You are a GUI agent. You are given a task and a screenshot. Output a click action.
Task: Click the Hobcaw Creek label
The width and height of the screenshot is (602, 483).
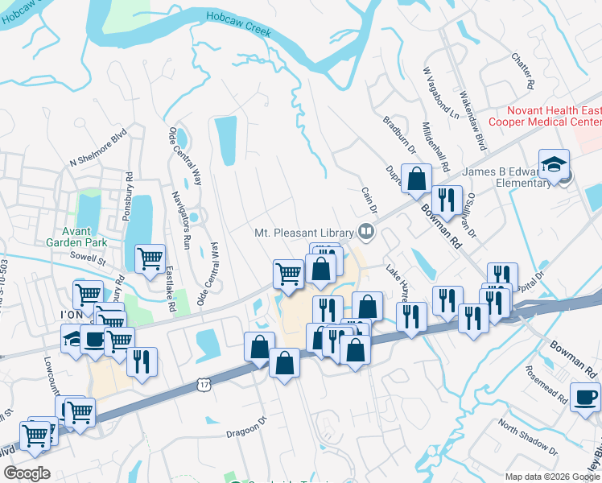click(238, 23)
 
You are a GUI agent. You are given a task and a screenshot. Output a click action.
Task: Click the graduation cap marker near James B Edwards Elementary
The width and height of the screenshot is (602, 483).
click(554, 165)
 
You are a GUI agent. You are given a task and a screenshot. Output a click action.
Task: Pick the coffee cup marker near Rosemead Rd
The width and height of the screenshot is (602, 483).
click(585, 397)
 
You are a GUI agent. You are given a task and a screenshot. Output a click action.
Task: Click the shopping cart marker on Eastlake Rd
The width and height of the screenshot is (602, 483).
click(150, 259)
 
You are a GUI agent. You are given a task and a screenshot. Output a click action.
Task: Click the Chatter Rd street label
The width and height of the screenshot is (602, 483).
click(524, 71)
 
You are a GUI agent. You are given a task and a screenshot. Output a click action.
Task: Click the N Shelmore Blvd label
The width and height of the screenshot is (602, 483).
click(98, 148)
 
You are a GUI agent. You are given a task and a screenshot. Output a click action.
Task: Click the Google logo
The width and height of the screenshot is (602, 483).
click(27, 473)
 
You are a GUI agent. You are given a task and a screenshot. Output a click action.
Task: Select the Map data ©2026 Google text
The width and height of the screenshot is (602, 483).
click(551, 477)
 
